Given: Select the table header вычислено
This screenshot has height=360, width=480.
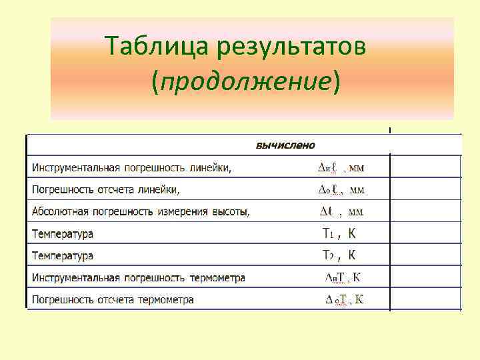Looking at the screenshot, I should pyautogui.click(x=285, y=145).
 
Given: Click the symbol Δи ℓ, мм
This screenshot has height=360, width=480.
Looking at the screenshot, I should pyautogui.click(x=340, y=168).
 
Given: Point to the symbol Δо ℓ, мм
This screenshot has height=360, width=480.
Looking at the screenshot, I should pyautogui.click(x=340, y=190).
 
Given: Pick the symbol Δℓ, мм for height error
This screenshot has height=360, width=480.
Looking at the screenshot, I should pyautogui.click(x=341, y=212).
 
